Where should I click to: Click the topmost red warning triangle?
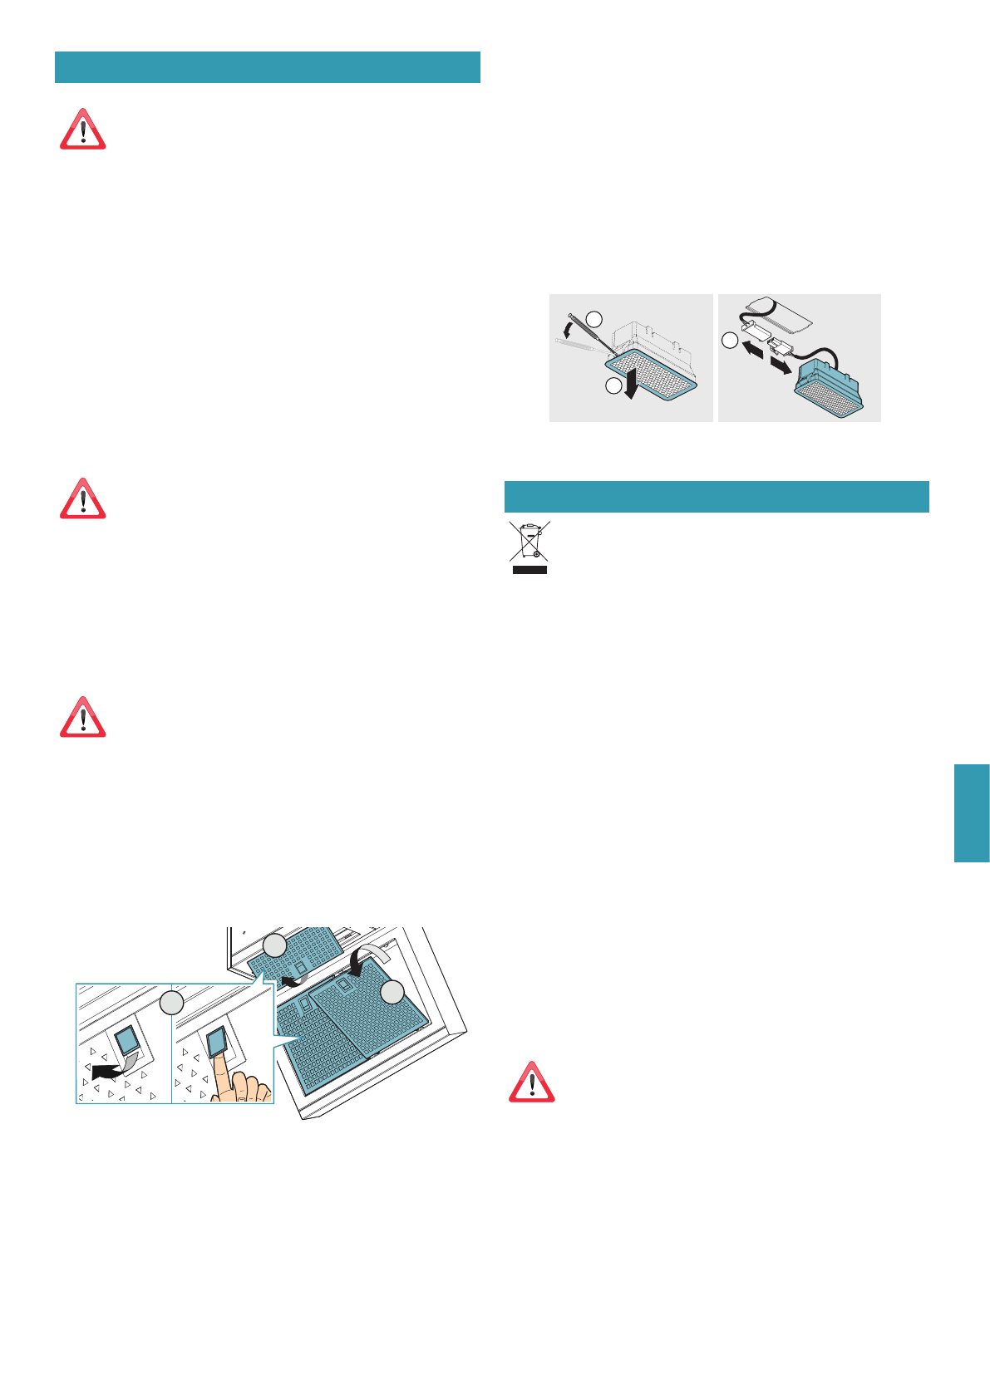[82, 130]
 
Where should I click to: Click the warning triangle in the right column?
[531, 1082]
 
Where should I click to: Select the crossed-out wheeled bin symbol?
[529, 541]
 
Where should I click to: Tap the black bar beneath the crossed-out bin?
[529, 570]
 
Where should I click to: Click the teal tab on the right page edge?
[972, 813]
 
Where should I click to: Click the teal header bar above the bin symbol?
[717, 497]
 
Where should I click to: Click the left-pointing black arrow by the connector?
[753, 346]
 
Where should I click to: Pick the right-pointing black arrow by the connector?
[780, 366]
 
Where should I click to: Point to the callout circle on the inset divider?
[171, 1002]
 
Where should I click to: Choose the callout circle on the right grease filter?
[392, 992]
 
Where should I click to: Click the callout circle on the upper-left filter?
[275, 946]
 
